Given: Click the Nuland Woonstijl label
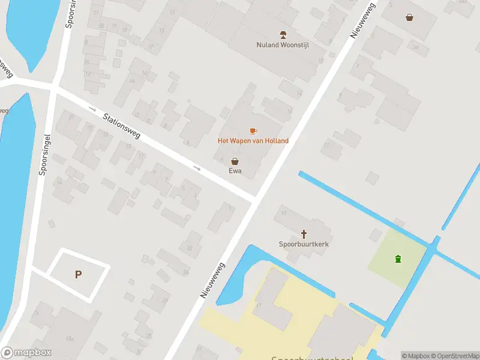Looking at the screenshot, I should [x=283, y=45].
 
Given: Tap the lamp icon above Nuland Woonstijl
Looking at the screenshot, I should [x=283, y=34].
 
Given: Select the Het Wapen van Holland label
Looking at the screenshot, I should [x=253, y=141].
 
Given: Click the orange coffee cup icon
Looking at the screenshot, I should [x=253, y=130].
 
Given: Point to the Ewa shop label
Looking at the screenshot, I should [x=235, y=171].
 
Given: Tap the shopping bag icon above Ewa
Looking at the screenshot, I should [x=235, y=161].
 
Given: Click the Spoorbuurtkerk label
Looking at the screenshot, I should [x=304, y=244].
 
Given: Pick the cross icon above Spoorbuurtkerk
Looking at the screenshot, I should [x=304, y=233].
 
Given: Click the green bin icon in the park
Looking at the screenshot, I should [x=397, y=259].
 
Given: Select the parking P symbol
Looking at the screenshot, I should [x=77, y=275].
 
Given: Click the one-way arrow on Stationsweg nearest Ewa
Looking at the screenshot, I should [x=196, y=168].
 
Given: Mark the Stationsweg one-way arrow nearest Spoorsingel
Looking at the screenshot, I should [x=92, y=109].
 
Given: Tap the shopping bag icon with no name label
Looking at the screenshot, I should [x=409, y=17].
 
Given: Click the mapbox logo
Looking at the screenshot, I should [x=26, y=353].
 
